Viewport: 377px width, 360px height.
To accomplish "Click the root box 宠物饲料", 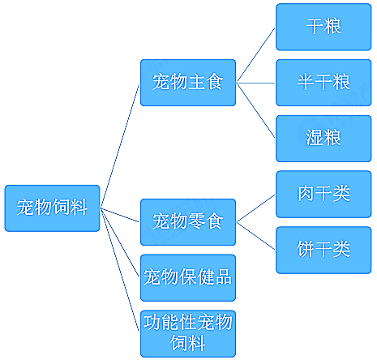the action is pos(52,208).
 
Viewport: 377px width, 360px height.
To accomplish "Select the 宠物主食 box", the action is pos(188,83).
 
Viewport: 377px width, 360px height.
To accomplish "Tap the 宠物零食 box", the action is pos(188,222).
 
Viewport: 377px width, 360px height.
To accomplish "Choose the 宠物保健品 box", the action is pos(188,277).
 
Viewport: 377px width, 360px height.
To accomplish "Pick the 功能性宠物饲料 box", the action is pos(188,333).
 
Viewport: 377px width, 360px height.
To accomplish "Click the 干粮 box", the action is pos(323,27).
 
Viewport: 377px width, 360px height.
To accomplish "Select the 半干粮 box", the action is pos(323,83).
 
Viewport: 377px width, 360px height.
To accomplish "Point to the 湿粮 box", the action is pos(323,139).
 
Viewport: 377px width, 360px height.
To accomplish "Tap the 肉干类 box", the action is pos(323,194).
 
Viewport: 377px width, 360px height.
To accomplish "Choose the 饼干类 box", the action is pos(323,250).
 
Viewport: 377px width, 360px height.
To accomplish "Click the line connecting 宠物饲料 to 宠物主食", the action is pos(120,146).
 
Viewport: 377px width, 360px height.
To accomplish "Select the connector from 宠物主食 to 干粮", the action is pos(255,55).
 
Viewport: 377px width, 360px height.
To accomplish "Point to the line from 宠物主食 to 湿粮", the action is pos(255,110).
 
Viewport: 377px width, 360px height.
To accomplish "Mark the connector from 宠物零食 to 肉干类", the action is pos(255,208).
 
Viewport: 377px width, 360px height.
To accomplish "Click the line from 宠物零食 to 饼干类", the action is pos(255,236).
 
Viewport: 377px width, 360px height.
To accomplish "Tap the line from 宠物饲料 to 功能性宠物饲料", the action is pos(120,270).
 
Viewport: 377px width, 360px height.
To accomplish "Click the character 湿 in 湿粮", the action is pos(315,138).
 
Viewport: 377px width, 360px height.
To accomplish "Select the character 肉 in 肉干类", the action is pos(306,193).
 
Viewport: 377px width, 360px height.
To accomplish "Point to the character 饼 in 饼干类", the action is pos(306,249).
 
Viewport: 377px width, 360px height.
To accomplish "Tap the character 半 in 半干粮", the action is pos(306,82).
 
